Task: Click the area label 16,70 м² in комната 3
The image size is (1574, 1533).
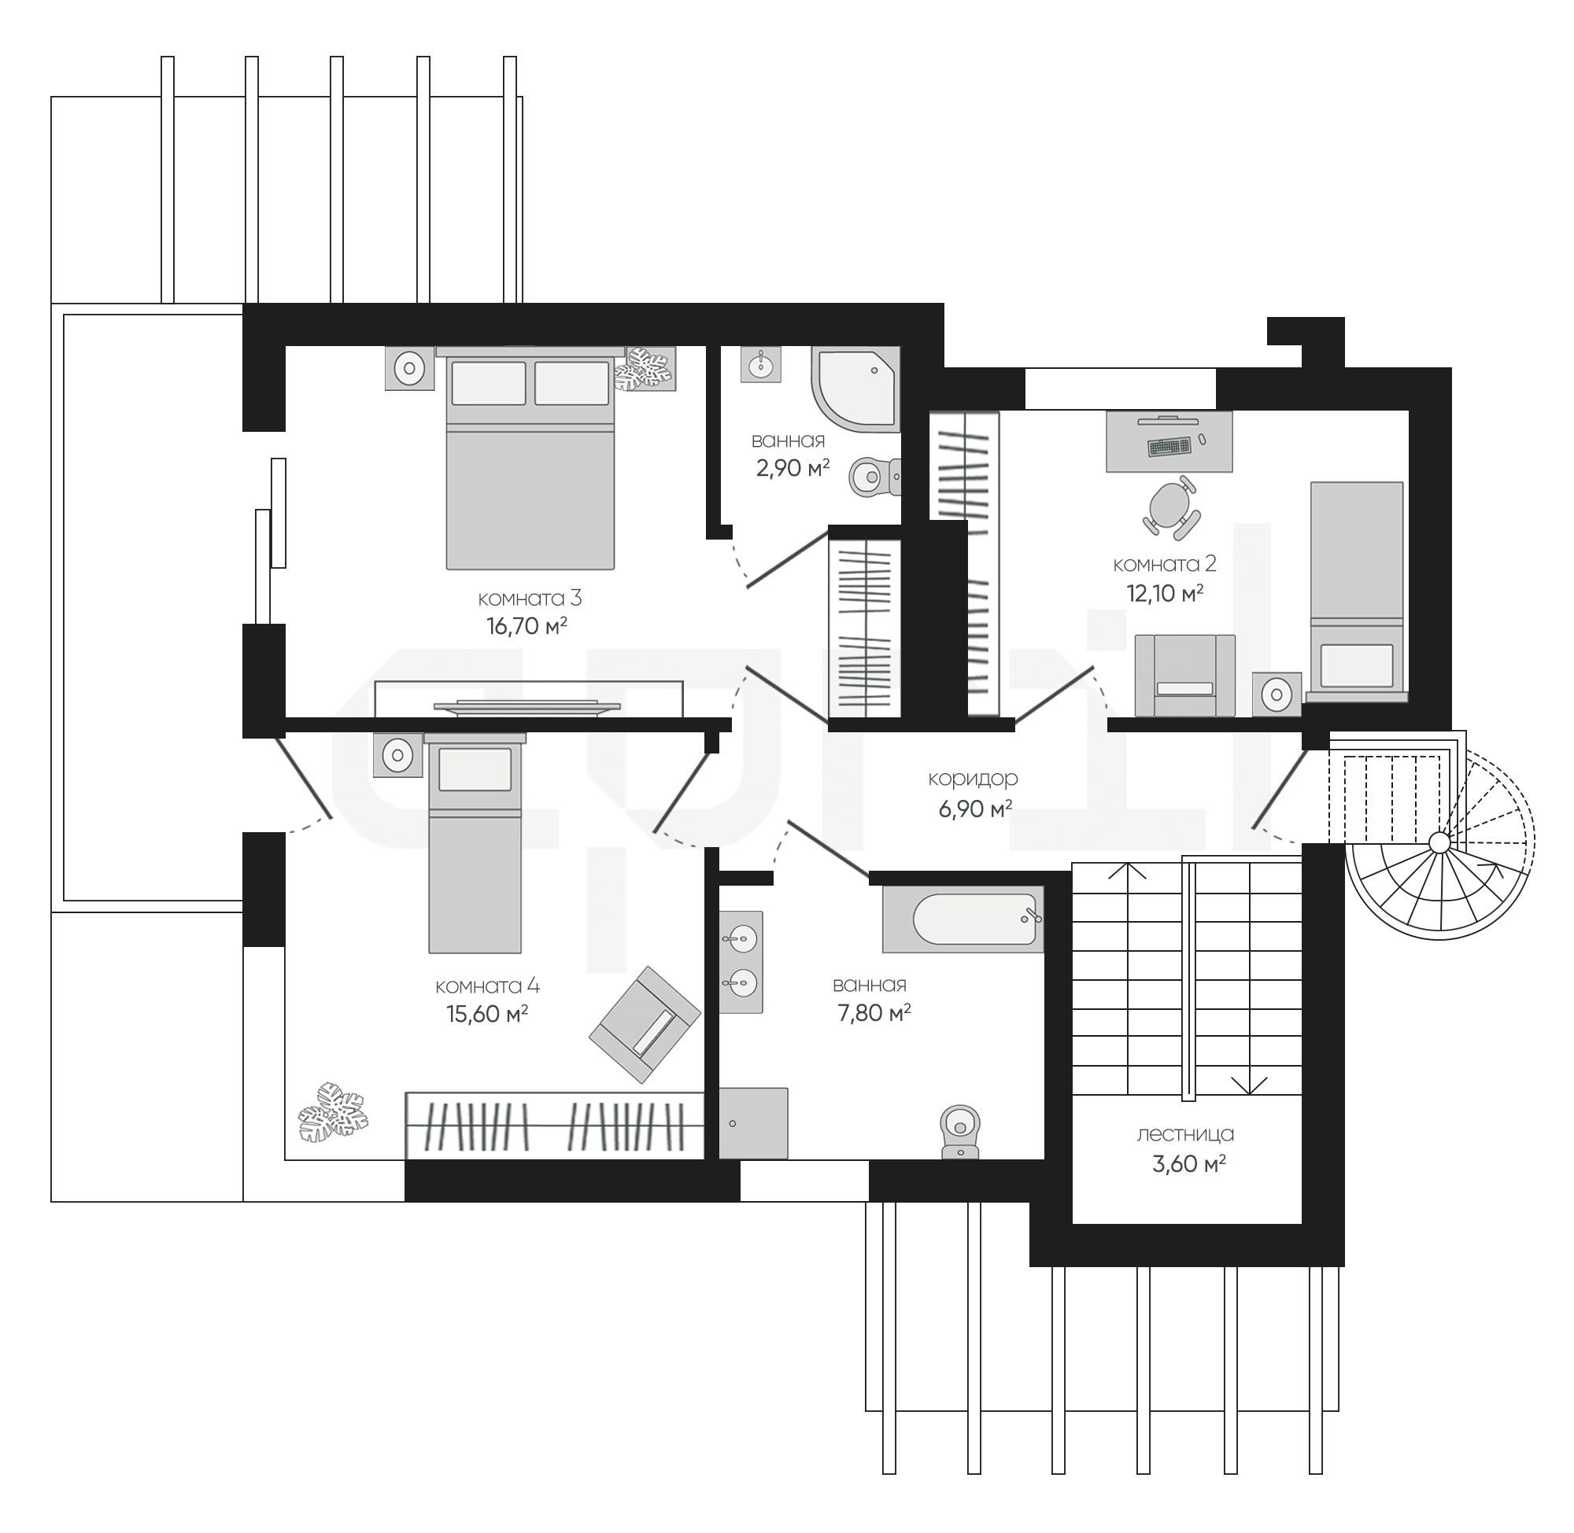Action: pyautogui.click(x=527, y=625)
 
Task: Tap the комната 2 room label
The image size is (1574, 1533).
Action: pyautogui.click(x=1164, y=565)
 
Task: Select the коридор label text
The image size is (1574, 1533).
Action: pyautogui.click(x=973, y=779)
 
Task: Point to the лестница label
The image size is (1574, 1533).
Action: pyautogui.click(x=1185, y=1134)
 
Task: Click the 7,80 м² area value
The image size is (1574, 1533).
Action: pyautogui.click(x=874, y=1012)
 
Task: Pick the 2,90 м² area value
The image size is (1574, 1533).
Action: pyautogui.click(x=793, y=468)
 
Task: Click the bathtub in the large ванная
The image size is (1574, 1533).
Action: pyautogui.click(x=963, y=919)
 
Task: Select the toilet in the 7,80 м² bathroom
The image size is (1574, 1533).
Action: pyautogui.click(x=959, y=1131)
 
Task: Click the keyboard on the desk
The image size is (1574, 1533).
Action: pyautogui.click(x=1169, y=446)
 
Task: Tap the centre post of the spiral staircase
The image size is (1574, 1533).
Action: pyautogui.click(x=1439, y=843)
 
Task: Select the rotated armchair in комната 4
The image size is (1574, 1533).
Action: pyautogui.click(x=645, y=1024)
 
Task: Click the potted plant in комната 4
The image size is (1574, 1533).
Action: pyautogui.click(x=333, y=1113)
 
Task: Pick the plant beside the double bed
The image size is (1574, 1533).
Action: pyautogui.click(x=644, y=370)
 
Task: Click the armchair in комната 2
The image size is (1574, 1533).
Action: pyautogui.click(x=1184, y=675)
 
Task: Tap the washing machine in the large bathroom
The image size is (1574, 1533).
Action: pyautogui.click(x=753, y=1123)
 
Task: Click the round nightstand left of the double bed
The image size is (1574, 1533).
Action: pyautogui.click(x=410, y=369)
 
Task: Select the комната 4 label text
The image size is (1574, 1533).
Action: pyautogui.click(x=487, y=986)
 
